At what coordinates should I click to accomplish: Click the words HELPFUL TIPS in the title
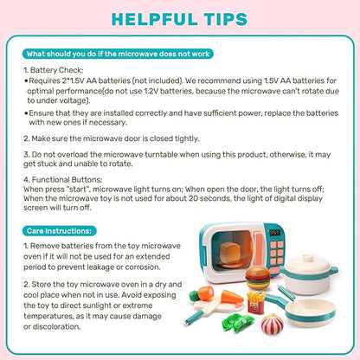180,18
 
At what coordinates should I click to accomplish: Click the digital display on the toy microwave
277,233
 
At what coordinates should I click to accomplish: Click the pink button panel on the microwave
278,255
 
